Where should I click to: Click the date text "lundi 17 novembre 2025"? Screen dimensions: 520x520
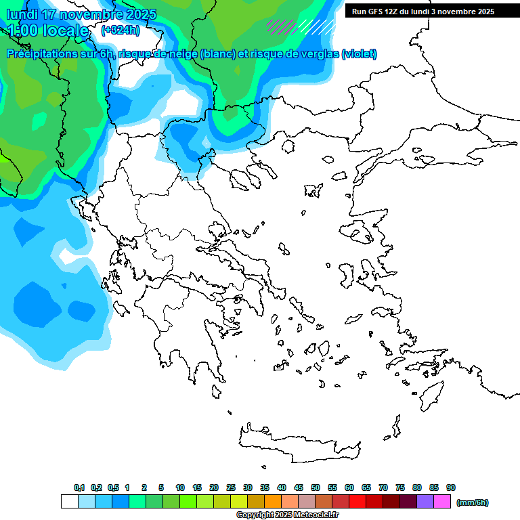(x=81, y=14)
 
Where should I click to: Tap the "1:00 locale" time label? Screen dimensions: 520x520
(x=47, y=30)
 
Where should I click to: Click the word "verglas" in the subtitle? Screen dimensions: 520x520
(x=318, y=54)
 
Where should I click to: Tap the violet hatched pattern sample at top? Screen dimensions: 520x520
(x=282, y=26)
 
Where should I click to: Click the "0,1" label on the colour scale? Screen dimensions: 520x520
(x=79, y=487)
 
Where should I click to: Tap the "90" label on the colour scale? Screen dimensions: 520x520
(x=451, y=487)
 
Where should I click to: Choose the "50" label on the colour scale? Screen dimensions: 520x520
(x=316, y=487)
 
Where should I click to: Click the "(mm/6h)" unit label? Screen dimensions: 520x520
(x=473, y=502)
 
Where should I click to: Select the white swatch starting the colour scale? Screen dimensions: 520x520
(x=69, y=502)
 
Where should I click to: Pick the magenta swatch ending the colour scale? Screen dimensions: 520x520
(x=442, y=502)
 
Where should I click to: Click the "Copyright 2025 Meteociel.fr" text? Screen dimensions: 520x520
(x=287, y=515)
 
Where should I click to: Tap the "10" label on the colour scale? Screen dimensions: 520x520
(x=180, y=487)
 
